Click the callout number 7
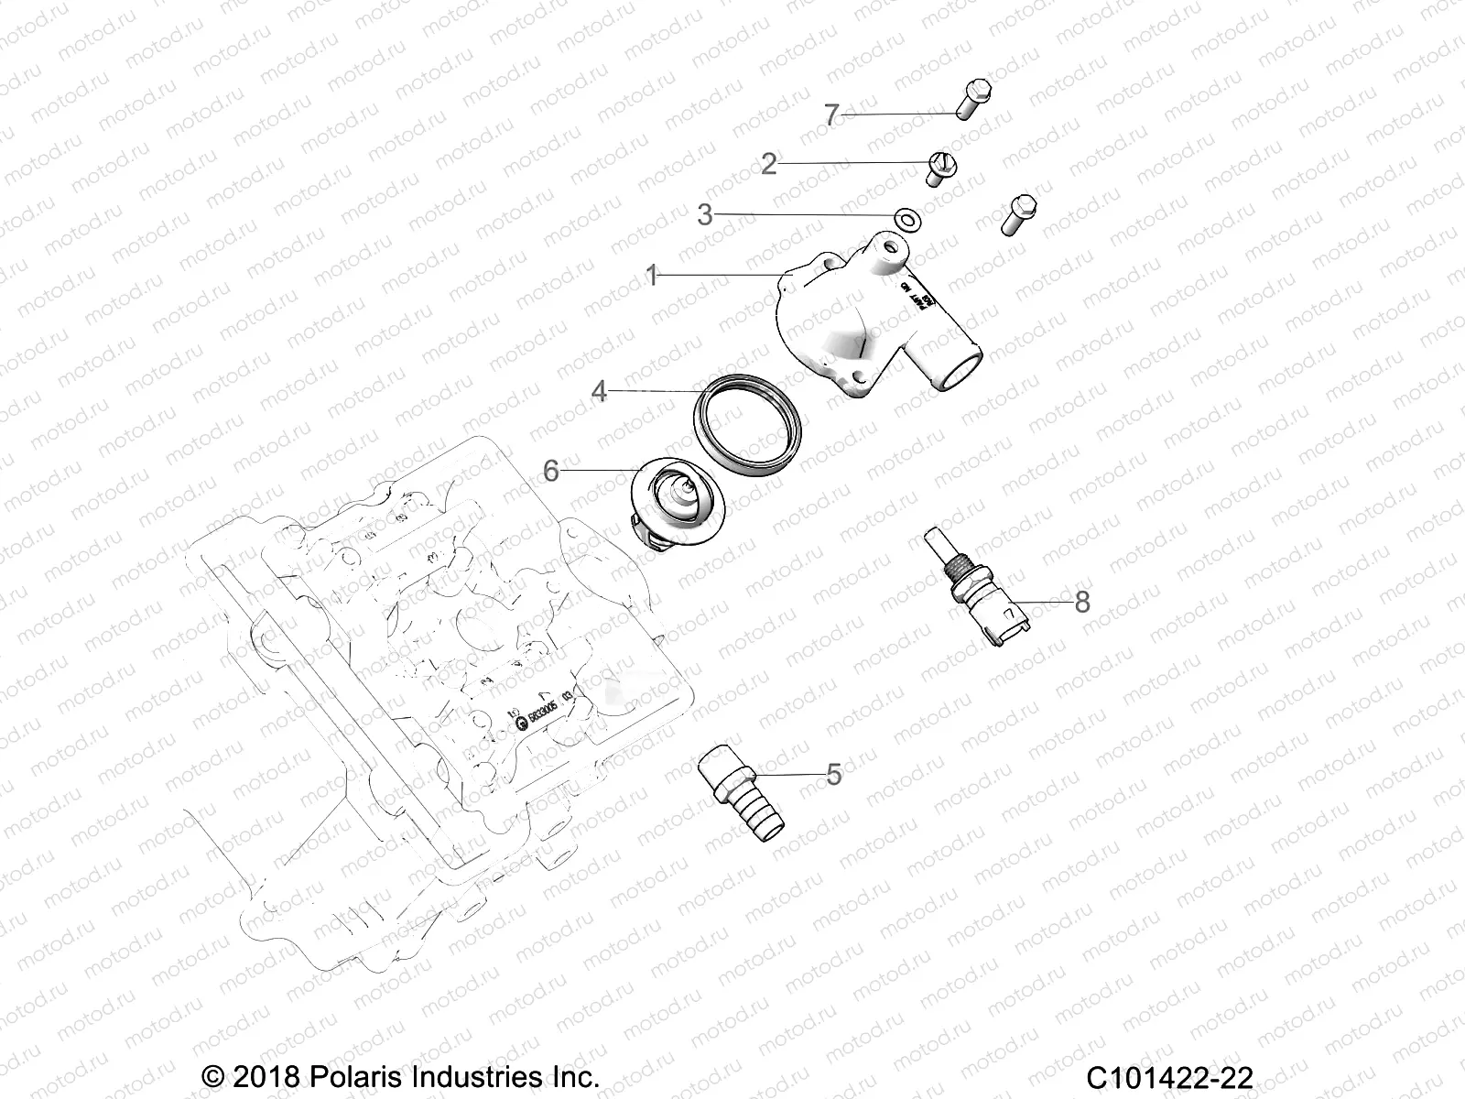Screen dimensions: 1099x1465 click(x=831, y=115)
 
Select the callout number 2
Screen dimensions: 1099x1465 click(x=769, y=164)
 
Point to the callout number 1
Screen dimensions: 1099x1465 click(x=652, y=276)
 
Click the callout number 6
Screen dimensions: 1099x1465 click(x=550, y=471)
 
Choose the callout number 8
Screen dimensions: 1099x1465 click(x=1082, y=602)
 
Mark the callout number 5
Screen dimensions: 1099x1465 click(x=833, y=774)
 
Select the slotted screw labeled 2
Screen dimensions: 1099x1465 click(x=939, y=169)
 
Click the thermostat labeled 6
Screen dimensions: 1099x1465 click(x=678, y=504)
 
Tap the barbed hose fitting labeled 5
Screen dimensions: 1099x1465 click(x=742, y=787)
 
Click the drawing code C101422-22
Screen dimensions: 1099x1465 click(x=1169, y=1075)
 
